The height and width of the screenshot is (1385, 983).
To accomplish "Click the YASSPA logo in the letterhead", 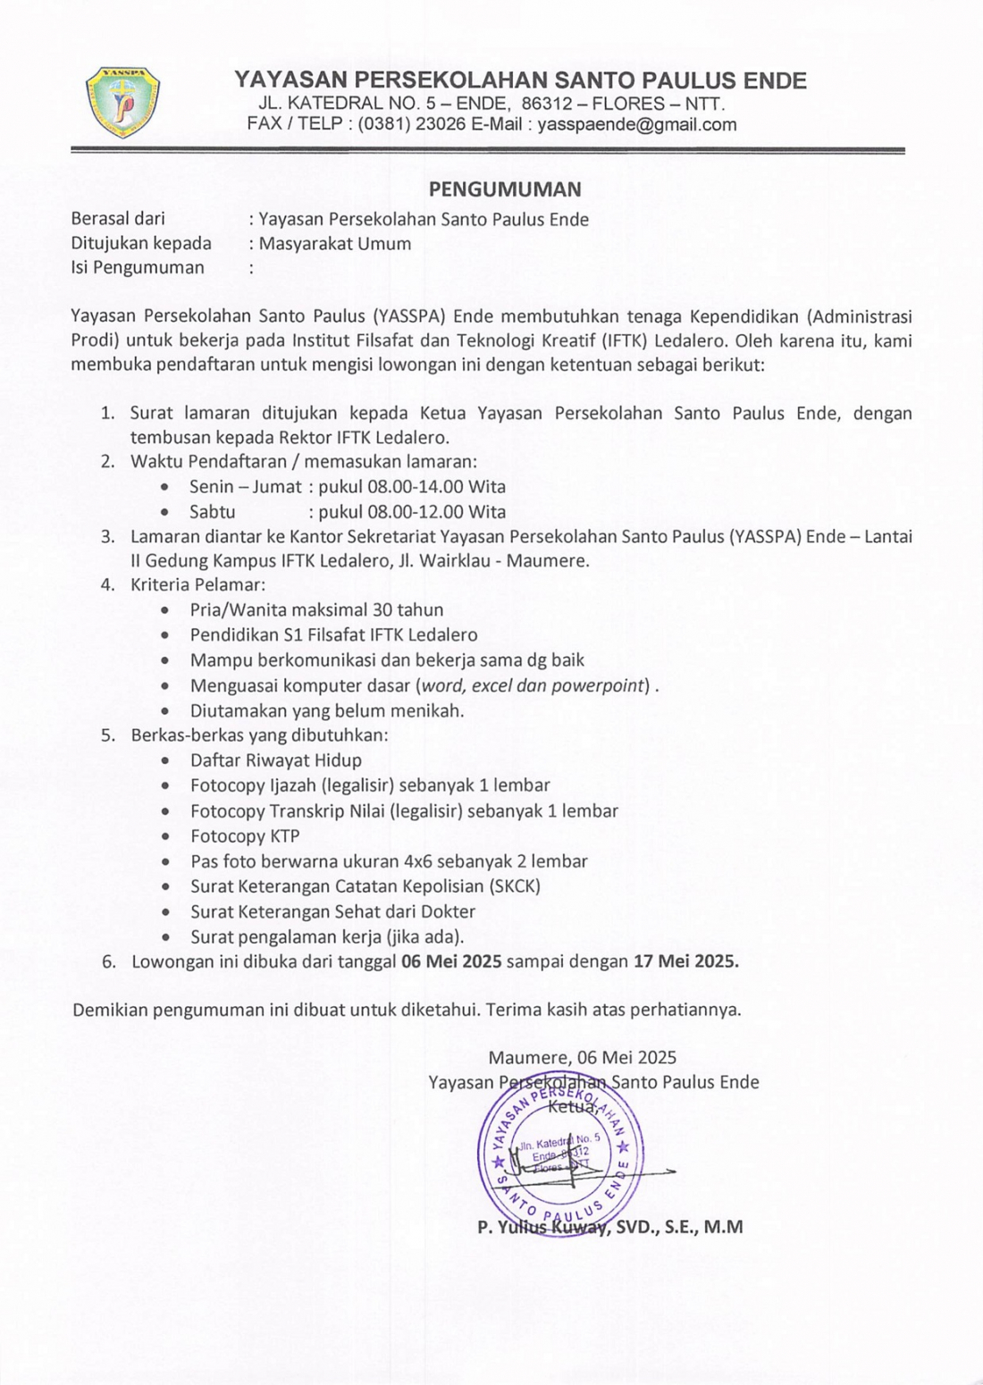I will pyautogui.click(x=122, y=102).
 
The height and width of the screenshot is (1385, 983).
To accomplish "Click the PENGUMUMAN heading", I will pyautogui.click(x=505, y=189).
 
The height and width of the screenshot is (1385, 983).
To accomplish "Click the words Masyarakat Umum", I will pyautogui.click(x=335, y=244).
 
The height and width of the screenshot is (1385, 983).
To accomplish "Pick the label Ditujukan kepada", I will pyautogui.click(x=141, y=244).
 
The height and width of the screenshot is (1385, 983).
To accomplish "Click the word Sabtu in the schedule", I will pyautogui.click(x=212, y=512).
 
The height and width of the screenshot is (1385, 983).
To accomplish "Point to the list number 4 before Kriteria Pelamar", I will pyautogui.click(x=107, y=585).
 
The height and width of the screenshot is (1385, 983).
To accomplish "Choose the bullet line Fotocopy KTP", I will pyautogui.click(x=245, y=836).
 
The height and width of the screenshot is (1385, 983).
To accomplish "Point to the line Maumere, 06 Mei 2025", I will pyautogui.click(x=582, y=1058).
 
